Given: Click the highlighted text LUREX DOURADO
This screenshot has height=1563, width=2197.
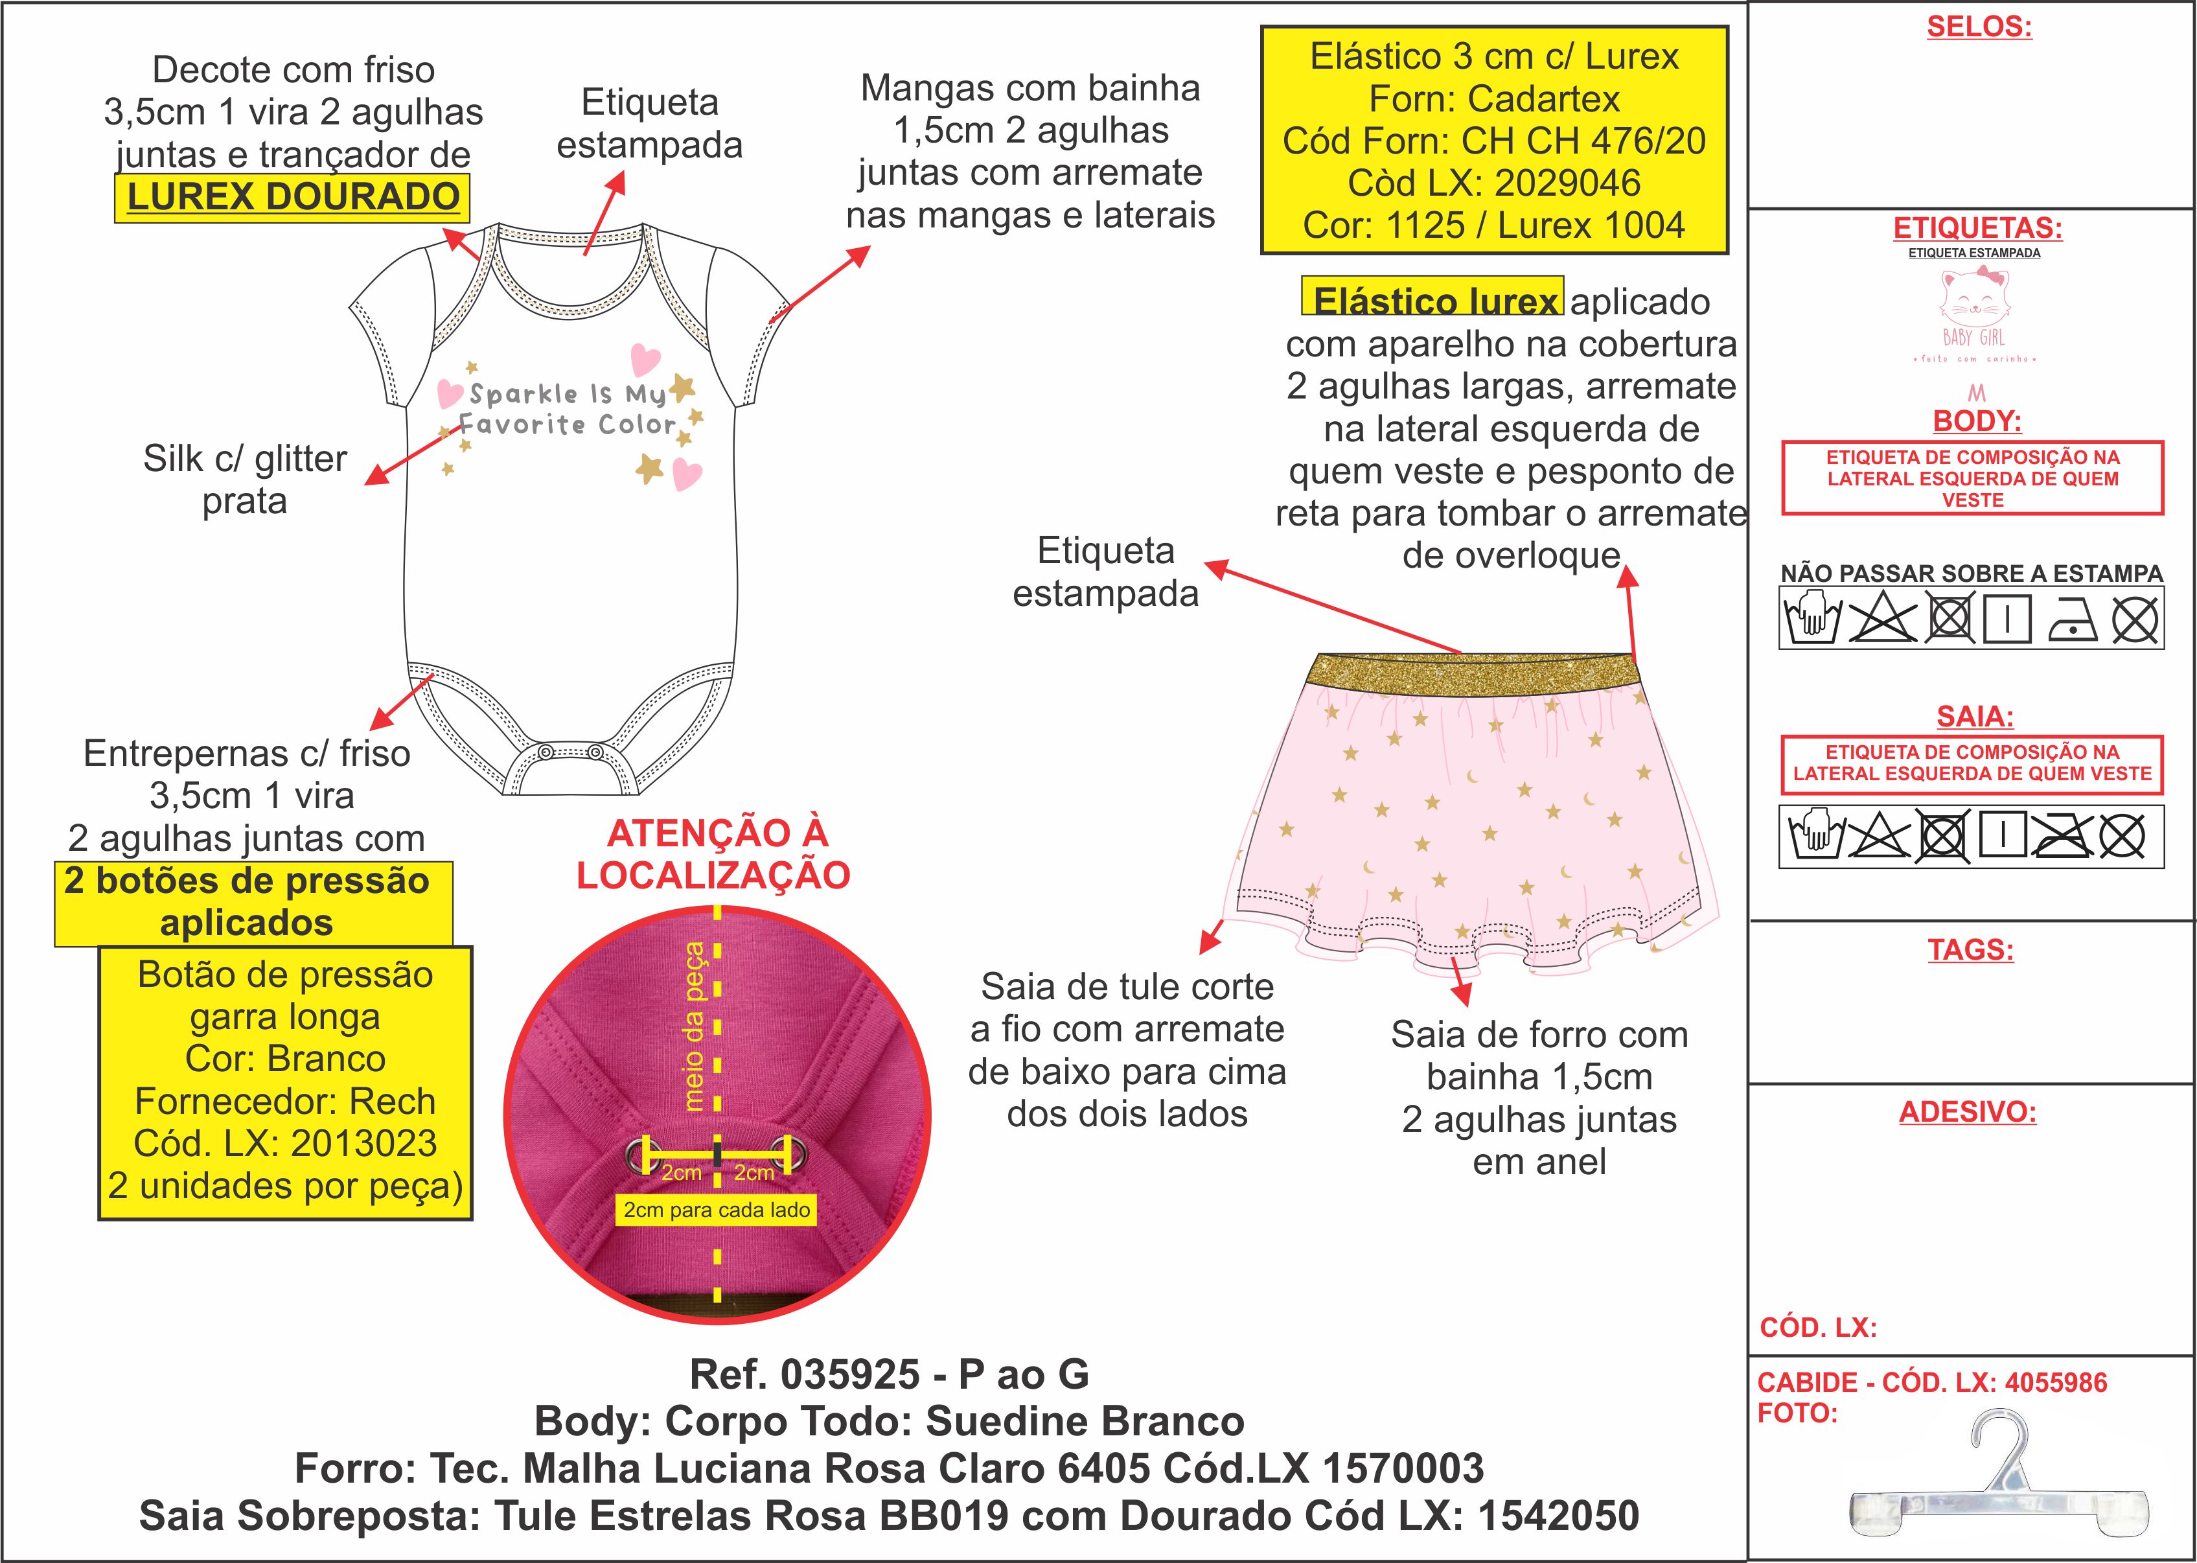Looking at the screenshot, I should coord(293,197).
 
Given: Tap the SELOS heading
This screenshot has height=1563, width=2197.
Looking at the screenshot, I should coord(1979,27).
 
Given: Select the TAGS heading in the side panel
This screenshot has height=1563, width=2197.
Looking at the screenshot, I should coord(1970,950).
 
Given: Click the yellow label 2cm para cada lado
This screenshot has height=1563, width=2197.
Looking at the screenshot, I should coord(717,1210).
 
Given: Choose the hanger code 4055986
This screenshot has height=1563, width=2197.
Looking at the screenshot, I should coord(2056,1383).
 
